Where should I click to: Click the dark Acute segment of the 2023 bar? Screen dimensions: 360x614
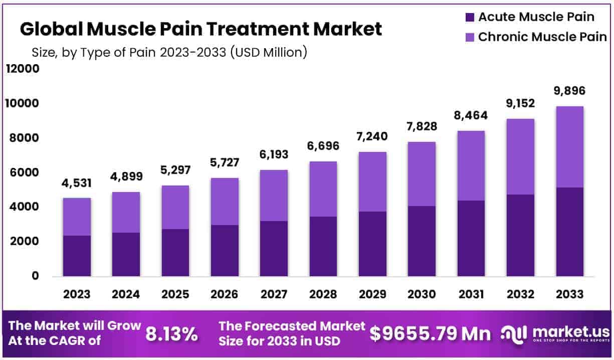click(77, 256)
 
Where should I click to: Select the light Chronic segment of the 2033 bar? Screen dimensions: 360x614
click(570, 146)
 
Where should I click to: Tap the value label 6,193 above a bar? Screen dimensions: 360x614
click(274, 154)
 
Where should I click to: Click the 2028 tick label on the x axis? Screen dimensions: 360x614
click(323, 294)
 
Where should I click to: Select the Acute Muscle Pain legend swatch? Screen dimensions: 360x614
click(470, 17)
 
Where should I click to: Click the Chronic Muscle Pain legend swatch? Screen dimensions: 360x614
click(470, 37)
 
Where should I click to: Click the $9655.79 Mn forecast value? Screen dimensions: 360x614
click(430, 333)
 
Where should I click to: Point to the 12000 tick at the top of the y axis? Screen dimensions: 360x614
click(22, 69)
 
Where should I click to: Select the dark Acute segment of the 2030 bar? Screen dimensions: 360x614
click(422, 241)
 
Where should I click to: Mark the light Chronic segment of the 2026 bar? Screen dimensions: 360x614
click(225, 201)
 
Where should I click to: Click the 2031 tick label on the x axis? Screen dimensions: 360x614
click(471, 294)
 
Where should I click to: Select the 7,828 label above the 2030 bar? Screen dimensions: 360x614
click(422, 126)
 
